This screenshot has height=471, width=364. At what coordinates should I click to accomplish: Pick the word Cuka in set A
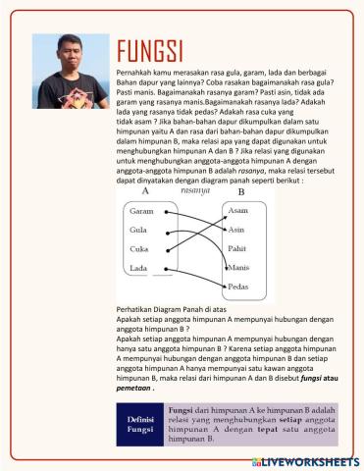tap(139, 249)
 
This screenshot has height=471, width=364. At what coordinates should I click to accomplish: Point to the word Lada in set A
tap(138, 268)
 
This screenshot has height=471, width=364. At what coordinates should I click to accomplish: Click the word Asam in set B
tap(237, 211)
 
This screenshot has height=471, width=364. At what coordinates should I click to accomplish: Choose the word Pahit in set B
tap(237, 249)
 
